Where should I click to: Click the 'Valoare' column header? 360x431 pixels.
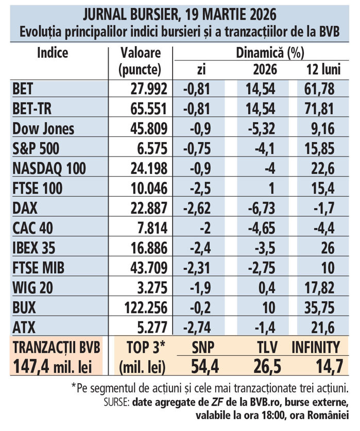pos(140,52)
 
